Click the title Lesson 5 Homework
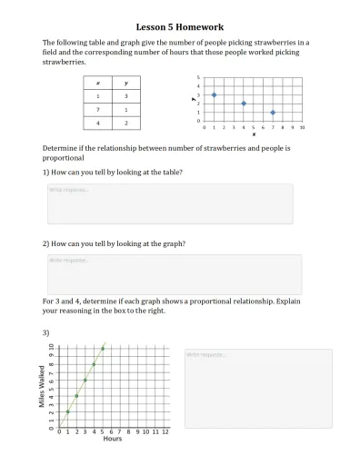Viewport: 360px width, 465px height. (x=180, y=27)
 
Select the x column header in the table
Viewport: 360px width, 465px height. (x=98, y=83)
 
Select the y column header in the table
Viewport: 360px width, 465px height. (x=125, y=83)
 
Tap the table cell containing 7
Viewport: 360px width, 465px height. (x=98, y=108)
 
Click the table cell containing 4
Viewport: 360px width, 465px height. (x=98, y=121)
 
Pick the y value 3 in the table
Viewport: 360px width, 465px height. (x=125, y=95)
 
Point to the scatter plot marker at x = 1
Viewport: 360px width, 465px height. (x=214, y=94)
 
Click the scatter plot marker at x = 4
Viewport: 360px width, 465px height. (x=244, y=104)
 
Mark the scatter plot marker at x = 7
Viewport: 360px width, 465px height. (x=273, y=113)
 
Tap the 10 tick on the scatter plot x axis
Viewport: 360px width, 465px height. (x=302, y=128)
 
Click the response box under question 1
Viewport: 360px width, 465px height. (x=169, y=203)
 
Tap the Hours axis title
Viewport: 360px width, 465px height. (x=112, y=438)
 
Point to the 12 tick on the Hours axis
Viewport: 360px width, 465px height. (x=165, y=430)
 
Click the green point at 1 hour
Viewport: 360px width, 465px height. (x=67, y=411)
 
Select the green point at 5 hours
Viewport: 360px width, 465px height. (x=103, y=348)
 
